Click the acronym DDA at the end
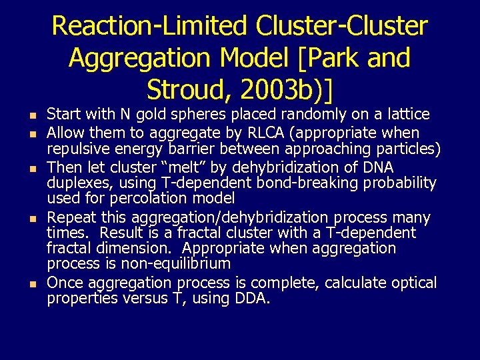click(251, 298)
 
